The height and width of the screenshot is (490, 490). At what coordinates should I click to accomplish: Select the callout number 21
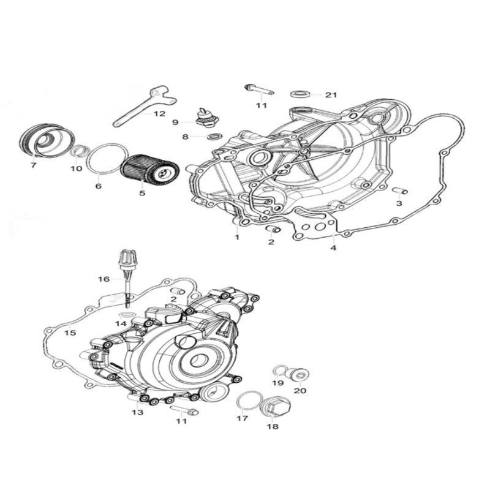(x=331, y=95)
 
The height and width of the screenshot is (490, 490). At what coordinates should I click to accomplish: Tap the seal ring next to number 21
(x=300, y=93)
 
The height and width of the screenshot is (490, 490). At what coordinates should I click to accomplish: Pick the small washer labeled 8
(x=216, y=136)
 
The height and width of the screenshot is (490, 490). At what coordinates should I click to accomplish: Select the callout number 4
(x=333, y=248)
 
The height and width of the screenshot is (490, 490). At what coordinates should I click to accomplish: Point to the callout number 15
(x=70, y=333)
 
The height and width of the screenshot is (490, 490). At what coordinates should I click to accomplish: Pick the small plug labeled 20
(x=300, y=374)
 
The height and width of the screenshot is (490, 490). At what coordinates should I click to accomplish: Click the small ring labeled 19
(x=279, y=371)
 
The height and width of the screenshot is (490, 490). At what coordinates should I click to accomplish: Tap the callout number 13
(x=137, y=412)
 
